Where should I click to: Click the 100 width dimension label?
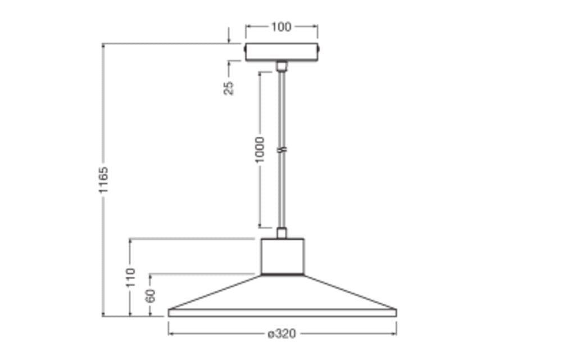coord(282,27)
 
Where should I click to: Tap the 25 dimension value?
coord(229,88)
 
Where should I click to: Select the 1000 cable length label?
coord(260,150)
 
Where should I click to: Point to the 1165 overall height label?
coord(103,180)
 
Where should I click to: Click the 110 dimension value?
coord(131,277)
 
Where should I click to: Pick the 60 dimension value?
coord(151,296)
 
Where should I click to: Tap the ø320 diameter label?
coord(282,334)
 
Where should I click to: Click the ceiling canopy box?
coord(282,52)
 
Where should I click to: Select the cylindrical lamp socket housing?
coord(283,256)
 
